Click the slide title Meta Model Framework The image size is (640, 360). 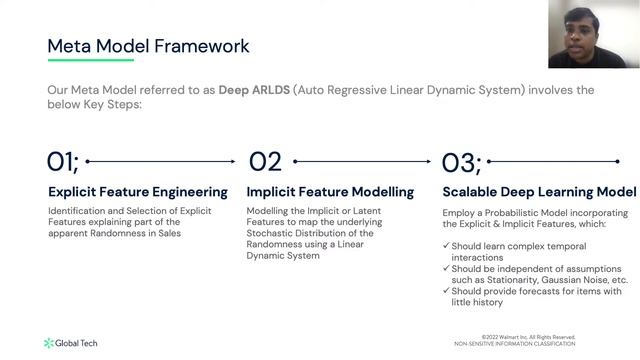tap(149, 46)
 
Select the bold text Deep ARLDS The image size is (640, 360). tap(254, 90)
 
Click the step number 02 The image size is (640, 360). tap(265, 162)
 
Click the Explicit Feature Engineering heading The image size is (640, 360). tap(138, 191)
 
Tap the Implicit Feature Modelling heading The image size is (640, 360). tap(330, 191)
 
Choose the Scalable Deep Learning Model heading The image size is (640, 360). tap(538, 191)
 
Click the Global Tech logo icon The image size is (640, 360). tap(49, 343)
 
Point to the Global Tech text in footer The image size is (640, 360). tap(77, 343)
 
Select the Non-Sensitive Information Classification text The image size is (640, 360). tap(514, 343)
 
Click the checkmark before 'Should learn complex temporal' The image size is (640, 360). tap(447, 246)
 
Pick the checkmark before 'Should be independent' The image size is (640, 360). tap(447, 269)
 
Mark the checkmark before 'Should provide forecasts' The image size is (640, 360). tap(447, 291)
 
